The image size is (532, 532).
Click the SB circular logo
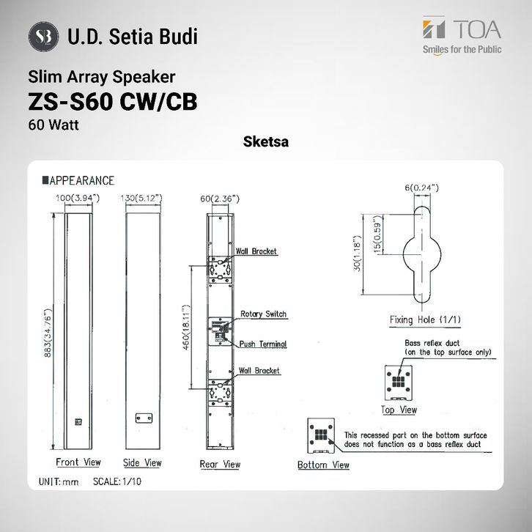[43, 37]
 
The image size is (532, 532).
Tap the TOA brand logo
[462, 35]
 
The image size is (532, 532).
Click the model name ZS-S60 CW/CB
[113, 102]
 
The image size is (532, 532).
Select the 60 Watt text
[53, 125]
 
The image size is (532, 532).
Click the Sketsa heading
[266, 141]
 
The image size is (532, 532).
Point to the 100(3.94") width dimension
[78, 197]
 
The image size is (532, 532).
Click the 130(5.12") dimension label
[141, 198]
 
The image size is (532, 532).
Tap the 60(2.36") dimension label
[220, 199]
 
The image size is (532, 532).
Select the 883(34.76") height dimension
[48, 333]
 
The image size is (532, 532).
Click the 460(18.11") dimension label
[187, 327]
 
